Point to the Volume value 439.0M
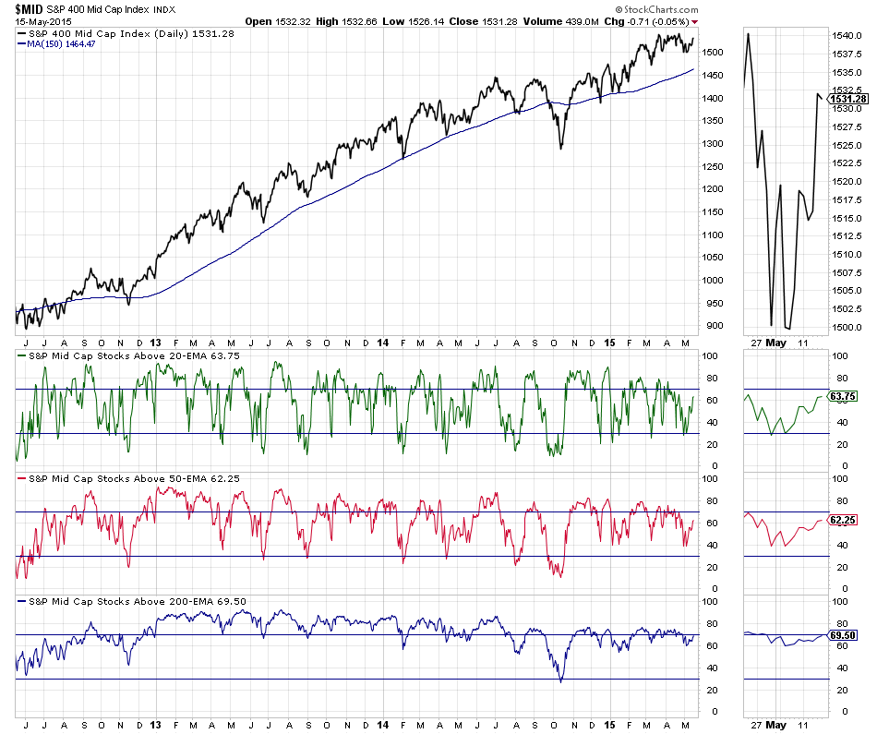point(573,20)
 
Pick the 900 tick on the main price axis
point(712,325)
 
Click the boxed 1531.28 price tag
point(847,99)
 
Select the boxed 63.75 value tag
point(844,396)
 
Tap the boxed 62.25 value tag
point(844,521)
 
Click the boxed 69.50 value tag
point(844,636)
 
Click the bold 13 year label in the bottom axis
point(155,724)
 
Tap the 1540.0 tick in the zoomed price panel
point(846,35)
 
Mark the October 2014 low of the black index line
point(559,147)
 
